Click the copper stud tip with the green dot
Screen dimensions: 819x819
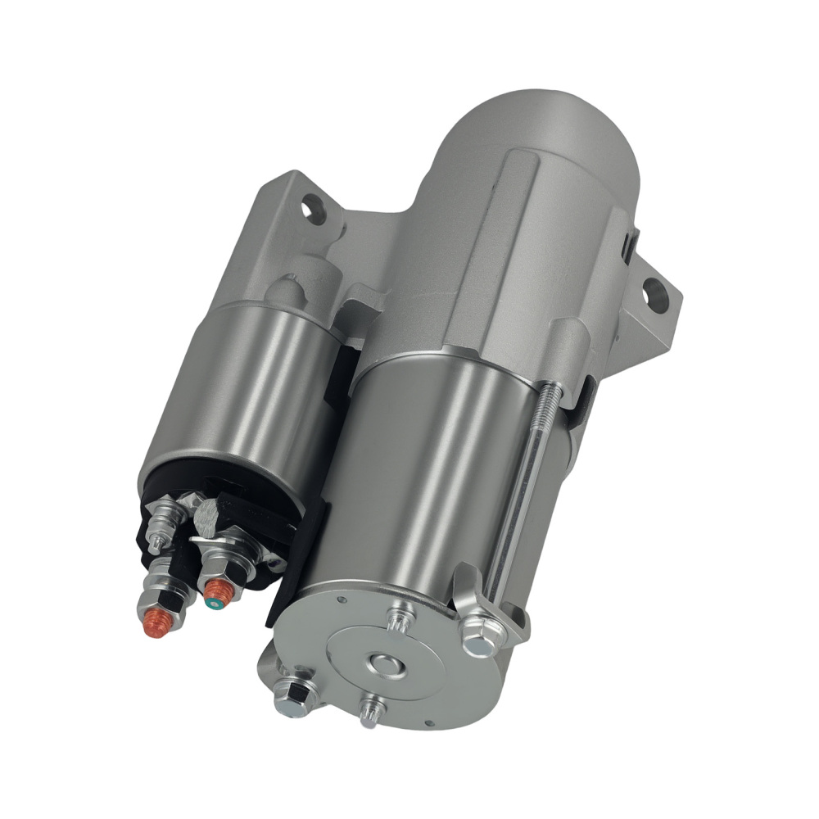click(x=215, y=590)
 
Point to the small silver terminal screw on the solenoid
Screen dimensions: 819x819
click(x=162, y=517)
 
